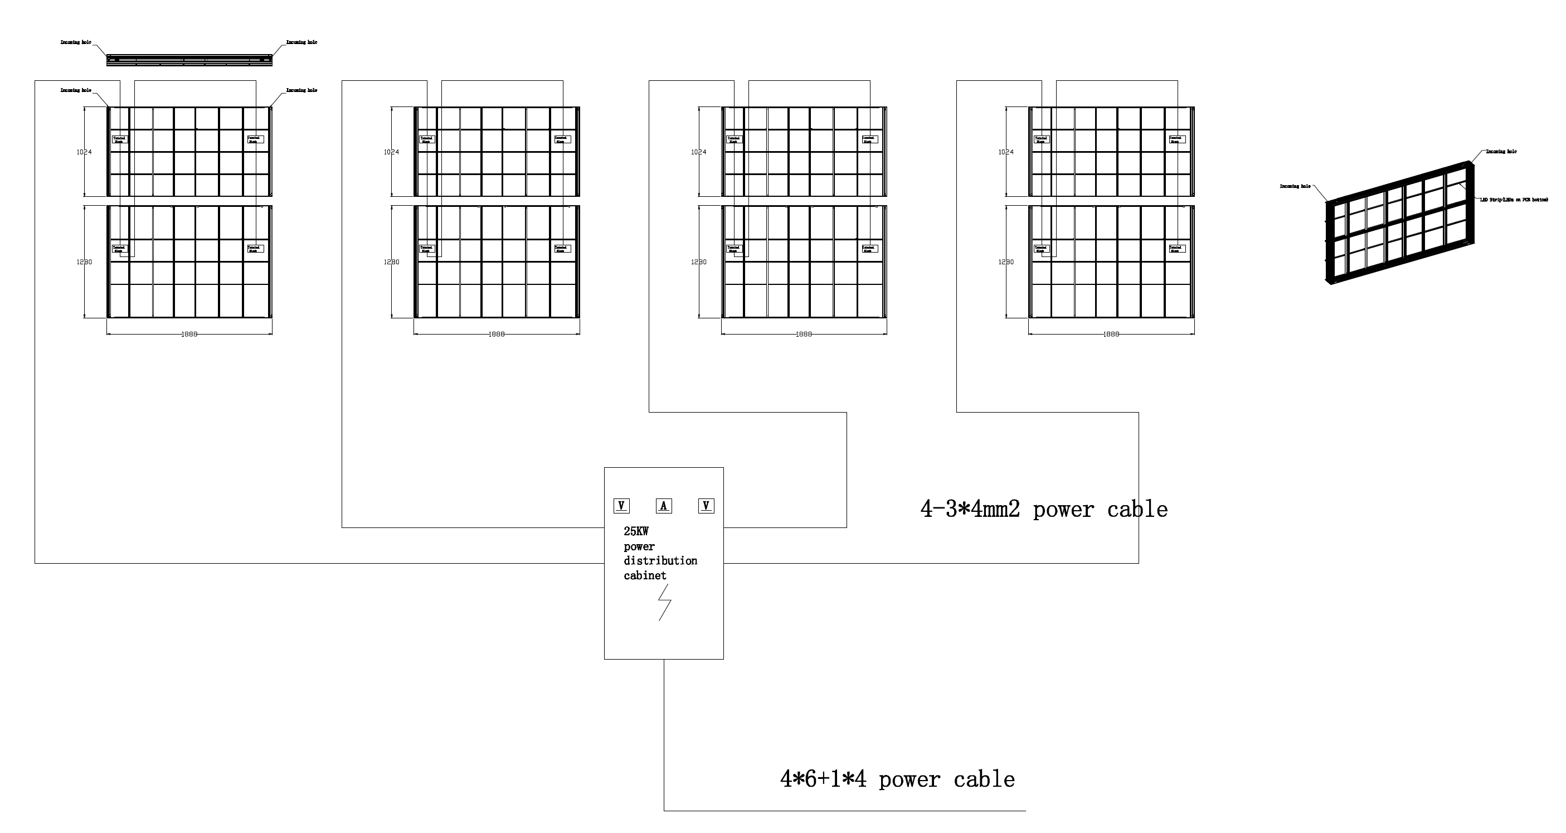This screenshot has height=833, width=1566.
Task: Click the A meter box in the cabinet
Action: pyautogui.click(x=663, y=506)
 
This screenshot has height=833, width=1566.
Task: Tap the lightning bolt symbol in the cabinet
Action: pyautogui.click(x=664, y=602)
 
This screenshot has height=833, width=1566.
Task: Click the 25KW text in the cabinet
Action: pyautogui.click(x=636, y=531)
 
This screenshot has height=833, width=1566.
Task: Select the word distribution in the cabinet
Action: pyautogui.click(x=660, y=560)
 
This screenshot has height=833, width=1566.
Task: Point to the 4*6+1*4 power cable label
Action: pyautogui.click(x=897, y=779)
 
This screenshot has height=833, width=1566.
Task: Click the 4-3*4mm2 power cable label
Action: pyautogui.click(x=1043, y=510)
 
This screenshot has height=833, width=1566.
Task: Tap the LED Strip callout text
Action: pyautogui.click(x=1514, y=200)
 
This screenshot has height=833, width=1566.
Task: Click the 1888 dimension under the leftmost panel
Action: pyautogui.click(x=189, y=335)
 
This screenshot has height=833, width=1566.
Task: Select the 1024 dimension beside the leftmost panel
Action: pyautogui.click(x=85, y=152)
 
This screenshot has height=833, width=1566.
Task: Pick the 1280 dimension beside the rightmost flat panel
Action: pyautogui.click(x=1006, y=262)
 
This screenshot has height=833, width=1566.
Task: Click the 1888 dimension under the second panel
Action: pyautogui.click(x=497, y=335)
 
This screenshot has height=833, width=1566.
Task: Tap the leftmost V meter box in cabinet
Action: pyautogui.click(x=621, y=506)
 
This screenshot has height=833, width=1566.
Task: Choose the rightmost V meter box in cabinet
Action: pyautogui.click(x=706, y=506)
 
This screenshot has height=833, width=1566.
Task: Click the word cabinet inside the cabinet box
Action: pyautogui.click(x=645, y=576)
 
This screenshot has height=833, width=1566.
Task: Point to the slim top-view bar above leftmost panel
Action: pyautogui.click(x=189, y=60)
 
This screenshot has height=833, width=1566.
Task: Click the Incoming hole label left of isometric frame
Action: pyautogui.click(x=1295, y=187)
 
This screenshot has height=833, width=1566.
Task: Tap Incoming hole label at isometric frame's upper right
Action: pyautogui.click(x=1501, y=152)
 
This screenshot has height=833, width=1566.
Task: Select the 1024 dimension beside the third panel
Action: pyautogui.click(x=699, y=152)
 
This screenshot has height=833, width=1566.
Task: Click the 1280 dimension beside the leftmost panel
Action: pyautogui.click(x=85, y=262)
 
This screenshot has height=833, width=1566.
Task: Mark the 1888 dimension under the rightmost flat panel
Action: pyautogui.click(x=1111, y=335)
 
